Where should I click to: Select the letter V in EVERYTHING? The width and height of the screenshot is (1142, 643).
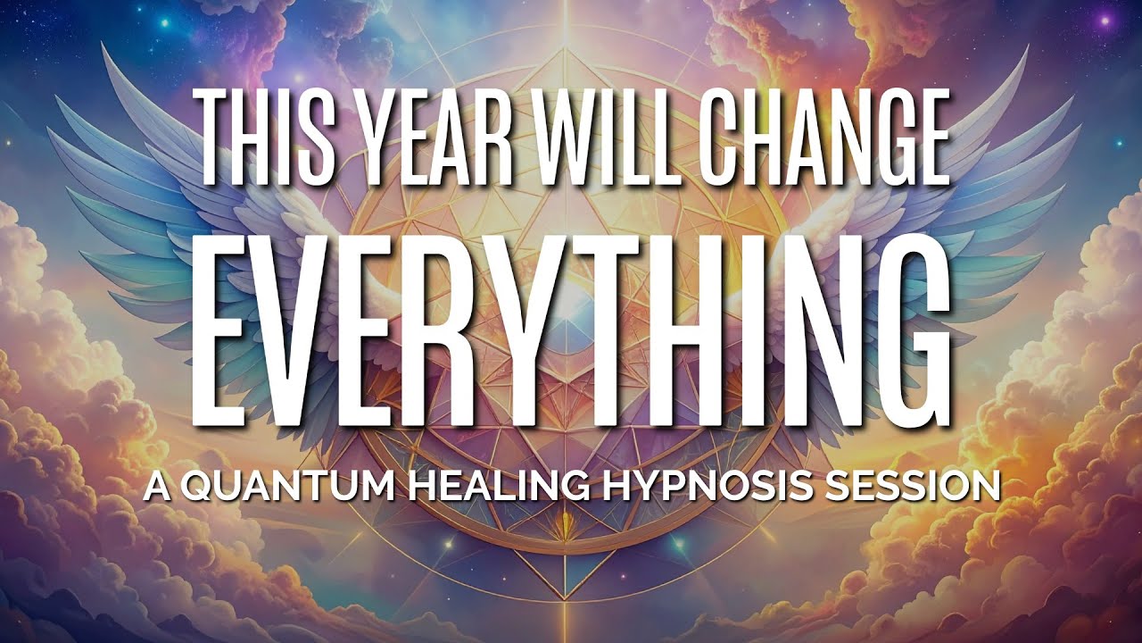(x=327, y=330)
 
